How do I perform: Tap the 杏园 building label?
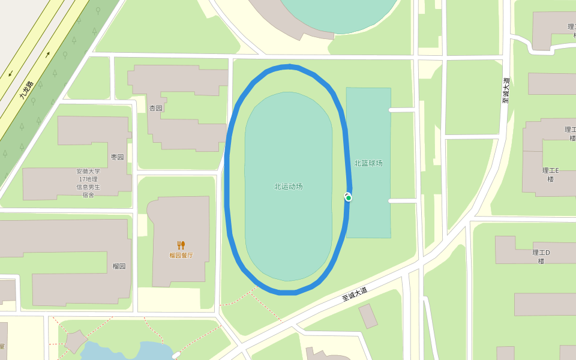point(155,108)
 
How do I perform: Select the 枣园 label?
point(117,157)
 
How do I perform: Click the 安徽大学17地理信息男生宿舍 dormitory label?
point(88,183)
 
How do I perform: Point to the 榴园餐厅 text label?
point(181,255)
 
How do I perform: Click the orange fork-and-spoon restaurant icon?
point(181,245)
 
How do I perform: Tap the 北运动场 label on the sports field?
point(288,187)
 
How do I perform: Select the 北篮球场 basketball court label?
point(368,163)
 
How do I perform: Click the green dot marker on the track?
point(349,198)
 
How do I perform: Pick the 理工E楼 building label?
point(550,175)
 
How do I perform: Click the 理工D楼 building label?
point(541,256)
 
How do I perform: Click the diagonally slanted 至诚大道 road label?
point(355,294)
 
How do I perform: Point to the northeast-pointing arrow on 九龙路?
point(47,55)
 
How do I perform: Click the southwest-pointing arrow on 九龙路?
point(10,74)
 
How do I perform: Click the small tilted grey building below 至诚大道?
point(368,316)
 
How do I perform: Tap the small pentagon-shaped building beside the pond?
point(76,341)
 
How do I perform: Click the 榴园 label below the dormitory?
point(119,266)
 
